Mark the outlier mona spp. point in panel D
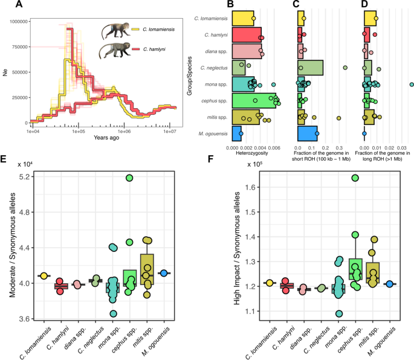411,84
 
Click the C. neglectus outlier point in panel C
345,68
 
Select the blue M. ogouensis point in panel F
390,283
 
